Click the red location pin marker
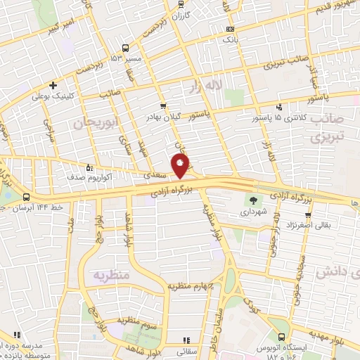coord(181,165)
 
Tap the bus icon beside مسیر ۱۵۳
coord(124,49)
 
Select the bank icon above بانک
coord(230,30)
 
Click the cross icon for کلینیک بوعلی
coord(53,85)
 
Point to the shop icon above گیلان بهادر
coord(163,105)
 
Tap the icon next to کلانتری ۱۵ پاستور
coord(280,107)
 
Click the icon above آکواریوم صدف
coord(89,167)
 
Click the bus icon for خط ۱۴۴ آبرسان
coord(26,198)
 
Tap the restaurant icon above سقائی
coord(186,338)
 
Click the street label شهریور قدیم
coord(334,8)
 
